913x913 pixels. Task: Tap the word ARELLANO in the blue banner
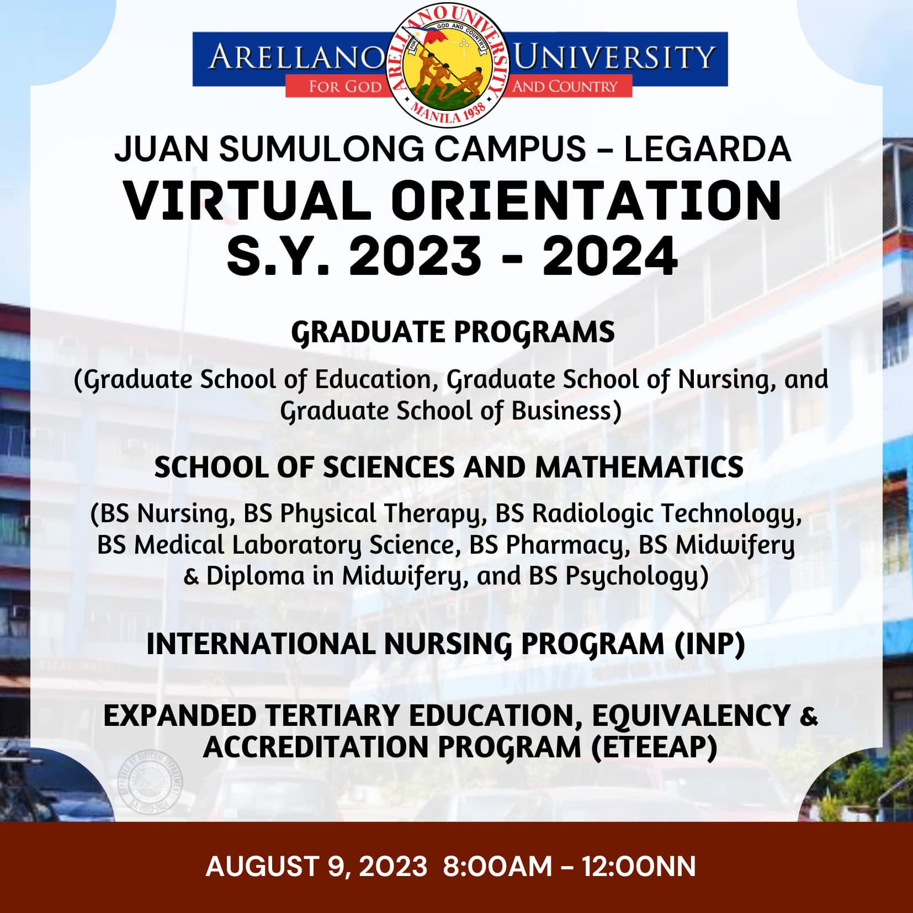pyautogui.click(x=296, y=57)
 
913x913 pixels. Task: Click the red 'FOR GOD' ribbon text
pyautogui.click(x=345, y=87)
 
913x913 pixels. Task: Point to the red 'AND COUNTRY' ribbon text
pyautogui.click(x=565, y=87)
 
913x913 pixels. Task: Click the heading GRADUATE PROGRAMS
pyautogui.click(x=453, y=333)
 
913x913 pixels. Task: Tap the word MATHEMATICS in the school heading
pyautogui.click(x=639, y=468)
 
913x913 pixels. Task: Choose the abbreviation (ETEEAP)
pyautogui.click(x=654, y=747)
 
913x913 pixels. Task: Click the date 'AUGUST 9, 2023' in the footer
pyautogui.click(x=316, y=866)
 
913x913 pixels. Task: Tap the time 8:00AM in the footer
pyautogui.click(x=497, y=866)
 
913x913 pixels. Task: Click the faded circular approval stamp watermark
pyautogui.click(x=150, y=782)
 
